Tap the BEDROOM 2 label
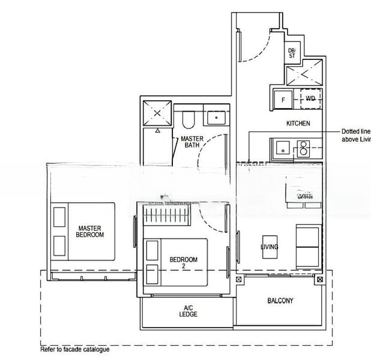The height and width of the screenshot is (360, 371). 184,263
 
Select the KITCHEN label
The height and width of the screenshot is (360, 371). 298,124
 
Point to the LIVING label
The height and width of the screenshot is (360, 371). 270,247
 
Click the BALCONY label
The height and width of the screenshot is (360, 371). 280,301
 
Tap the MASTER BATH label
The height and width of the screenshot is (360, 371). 192,142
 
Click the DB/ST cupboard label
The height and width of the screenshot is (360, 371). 292,53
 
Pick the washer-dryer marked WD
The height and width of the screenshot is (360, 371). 310,98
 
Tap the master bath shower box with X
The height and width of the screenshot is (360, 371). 158,113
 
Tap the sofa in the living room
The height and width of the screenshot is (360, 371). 310,245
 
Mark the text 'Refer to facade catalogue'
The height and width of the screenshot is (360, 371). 74,349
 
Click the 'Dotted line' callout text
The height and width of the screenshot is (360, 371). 355,131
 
